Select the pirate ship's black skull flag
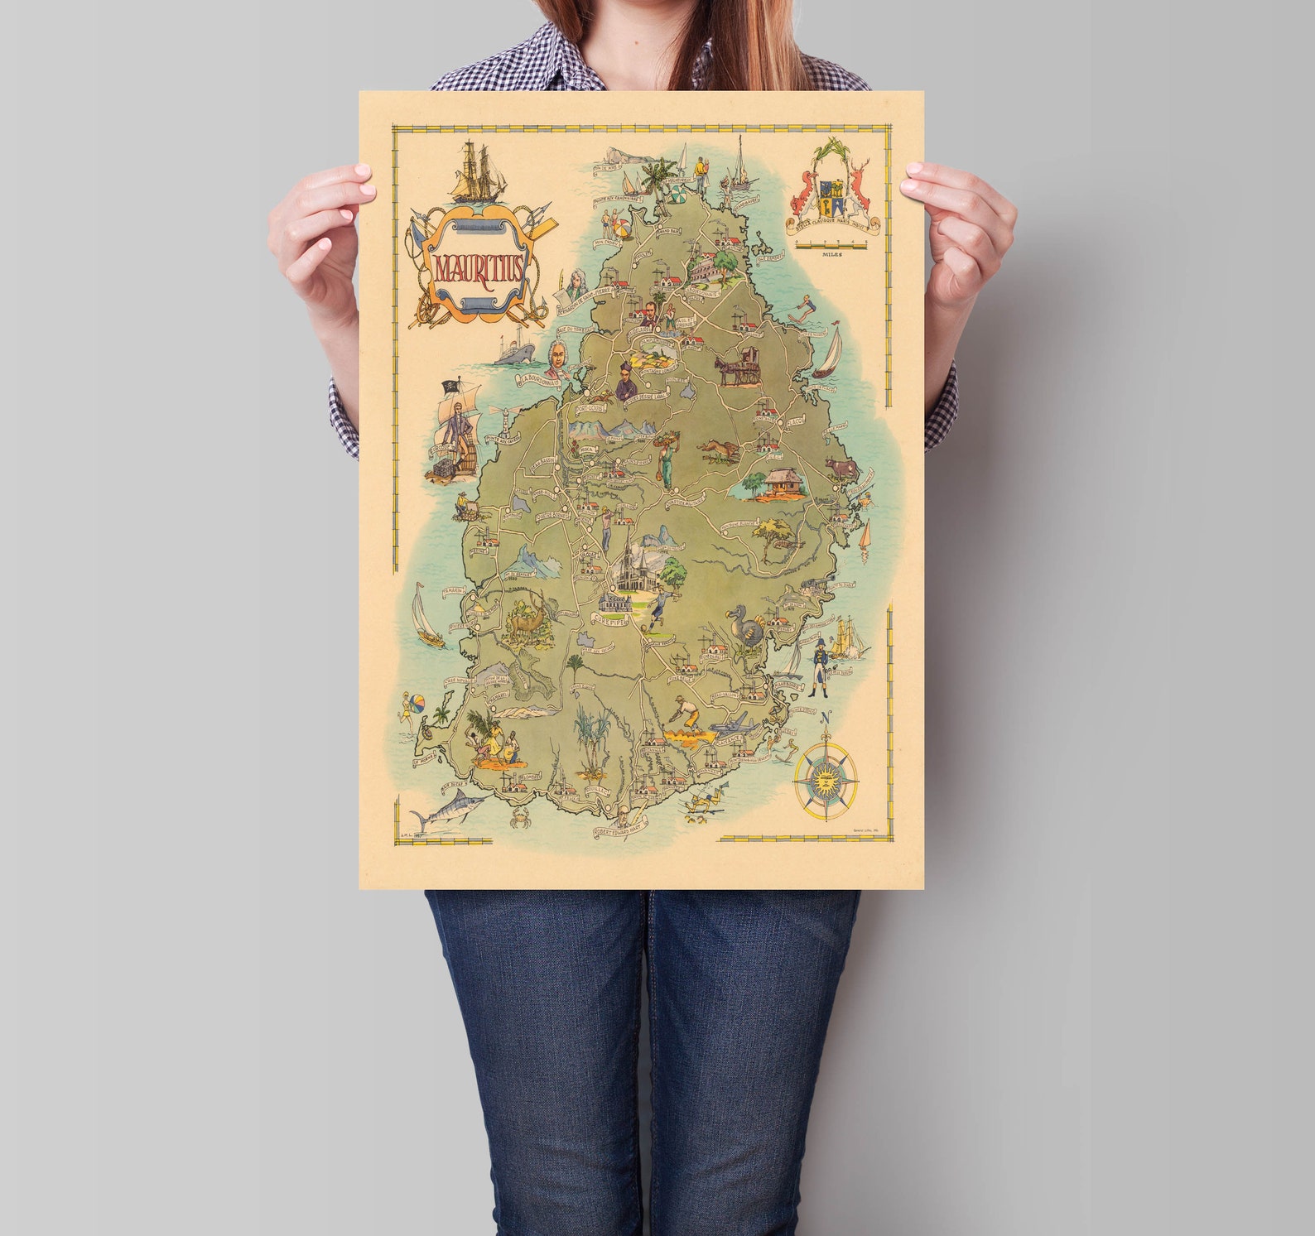tap(451, 385)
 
